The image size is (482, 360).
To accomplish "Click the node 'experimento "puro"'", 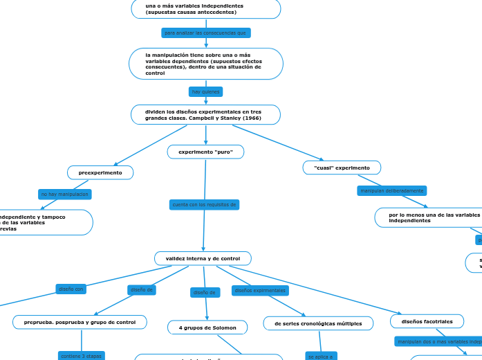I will (205, 152).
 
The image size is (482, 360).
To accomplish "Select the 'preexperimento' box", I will (100, 172).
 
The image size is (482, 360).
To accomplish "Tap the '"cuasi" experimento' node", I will (342, 168).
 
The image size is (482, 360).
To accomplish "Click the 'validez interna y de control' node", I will (203, 258).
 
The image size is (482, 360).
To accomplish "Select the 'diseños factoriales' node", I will (427, 321).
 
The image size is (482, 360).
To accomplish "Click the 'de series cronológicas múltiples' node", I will (318, 323).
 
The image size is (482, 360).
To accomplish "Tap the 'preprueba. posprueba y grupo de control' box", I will (80, 322).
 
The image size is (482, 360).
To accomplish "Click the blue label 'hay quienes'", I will (205, 91).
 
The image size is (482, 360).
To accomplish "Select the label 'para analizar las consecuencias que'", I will (205, 33).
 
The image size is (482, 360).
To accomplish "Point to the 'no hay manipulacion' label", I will (64, 195).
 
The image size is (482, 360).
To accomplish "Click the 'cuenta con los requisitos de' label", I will (204, 205).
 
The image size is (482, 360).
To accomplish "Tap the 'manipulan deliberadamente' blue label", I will (391, 190).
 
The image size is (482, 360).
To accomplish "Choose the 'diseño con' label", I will (71, 289).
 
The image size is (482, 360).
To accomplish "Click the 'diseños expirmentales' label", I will (260, 290).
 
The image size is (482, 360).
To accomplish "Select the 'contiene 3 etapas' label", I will (81, 356).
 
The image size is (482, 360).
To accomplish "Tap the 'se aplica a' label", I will (321, 357).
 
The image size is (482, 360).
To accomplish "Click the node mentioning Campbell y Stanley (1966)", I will (205, 114).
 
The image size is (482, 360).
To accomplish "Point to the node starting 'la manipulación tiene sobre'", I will (205, 64).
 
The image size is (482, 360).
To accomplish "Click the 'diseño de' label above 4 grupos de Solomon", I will (205, 293).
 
